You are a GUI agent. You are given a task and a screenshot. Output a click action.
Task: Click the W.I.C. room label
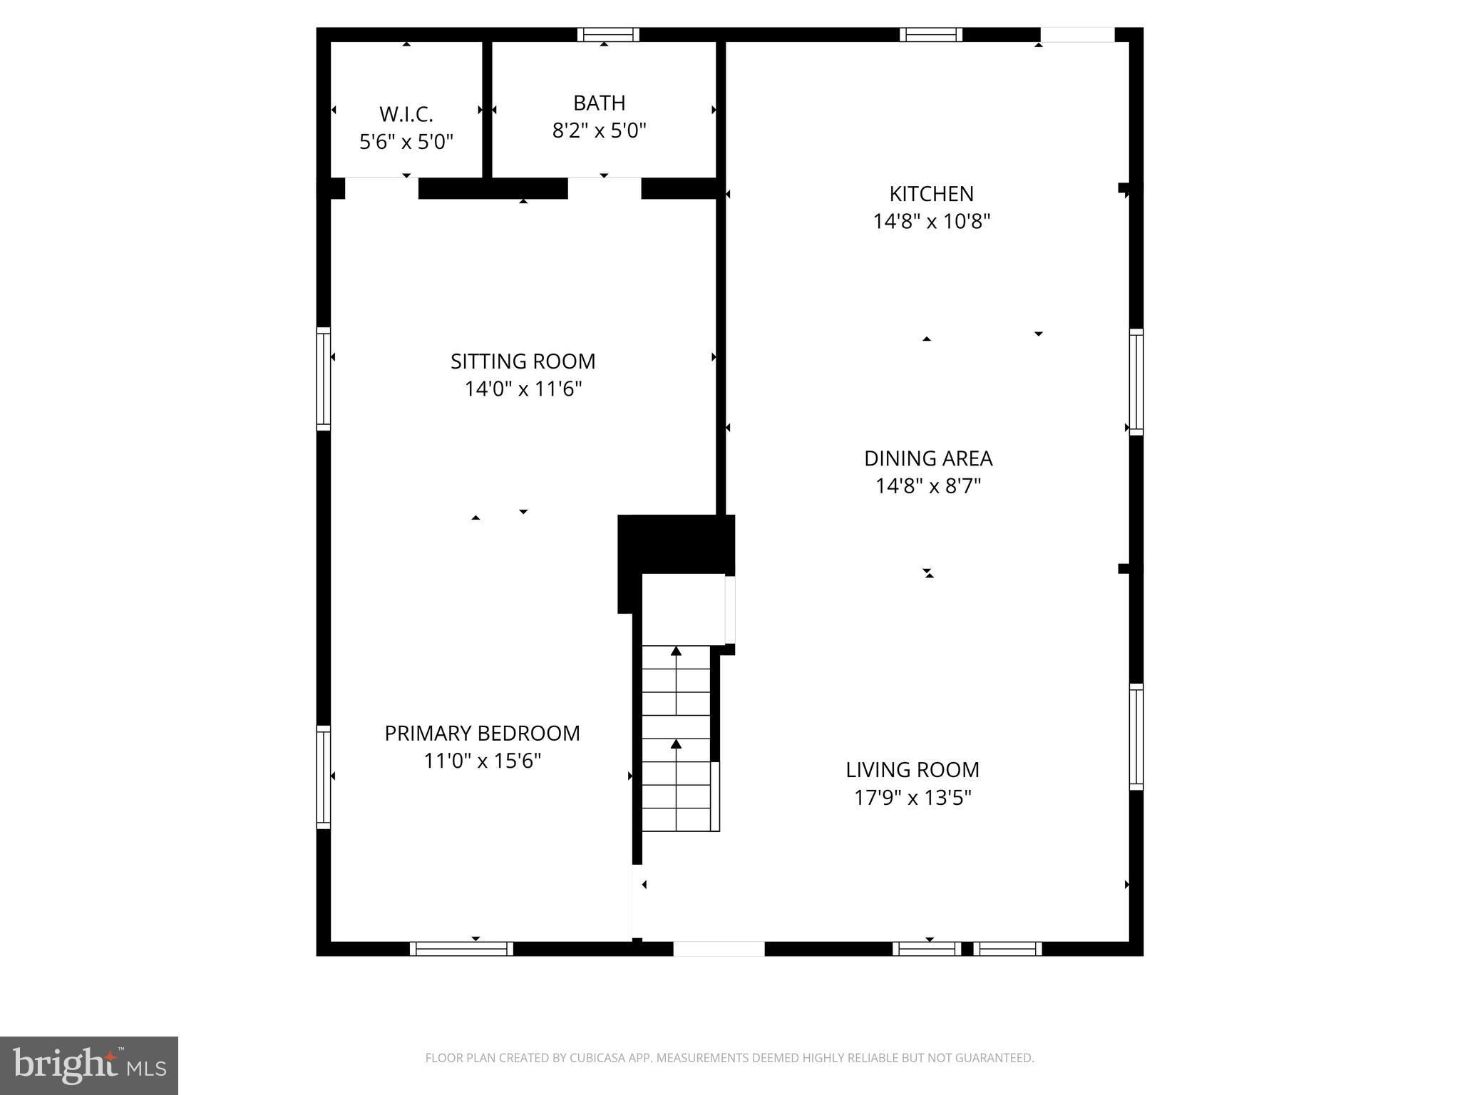pos(406,114)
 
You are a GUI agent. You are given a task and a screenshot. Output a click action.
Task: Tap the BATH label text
pos(599,103)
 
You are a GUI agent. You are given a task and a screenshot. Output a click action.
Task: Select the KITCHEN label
pos(931,194)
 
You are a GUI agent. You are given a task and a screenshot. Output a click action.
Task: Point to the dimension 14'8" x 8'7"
pos(928,486)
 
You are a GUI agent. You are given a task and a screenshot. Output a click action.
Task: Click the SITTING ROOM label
pos(523,361)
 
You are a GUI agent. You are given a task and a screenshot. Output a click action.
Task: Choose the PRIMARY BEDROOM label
pos(482,734)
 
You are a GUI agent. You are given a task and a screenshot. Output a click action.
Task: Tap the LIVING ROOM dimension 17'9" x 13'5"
pos(912,798)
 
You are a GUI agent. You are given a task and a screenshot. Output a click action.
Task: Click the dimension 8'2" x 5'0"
pos(599,131)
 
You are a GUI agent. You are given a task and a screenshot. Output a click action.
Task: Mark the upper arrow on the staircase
pos(676,651)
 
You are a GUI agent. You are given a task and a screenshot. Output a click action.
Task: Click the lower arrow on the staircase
pos(676,745)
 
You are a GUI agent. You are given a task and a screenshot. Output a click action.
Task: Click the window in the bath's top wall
pos(607,34)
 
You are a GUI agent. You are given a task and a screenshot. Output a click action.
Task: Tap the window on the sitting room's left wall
pos(324,379)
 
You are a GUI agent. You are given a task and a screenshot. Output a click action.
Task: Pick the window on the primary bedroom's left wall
pos(324,777)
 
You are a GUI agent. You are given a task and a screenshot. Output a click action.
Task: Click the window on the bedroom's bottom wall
pos(461,949)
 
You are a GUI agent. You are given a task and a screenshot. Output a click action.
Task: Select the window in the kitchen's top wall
pos(930,34)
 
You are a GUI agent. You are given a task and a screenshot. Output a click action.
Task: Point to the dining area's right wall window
pos(1136,381)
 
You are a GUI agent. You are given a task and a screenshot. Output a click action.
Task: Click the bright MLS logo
pos(89,1066)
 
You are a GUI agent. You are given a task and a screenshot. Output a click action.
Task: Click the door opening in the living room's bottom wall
pos(719,949)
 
